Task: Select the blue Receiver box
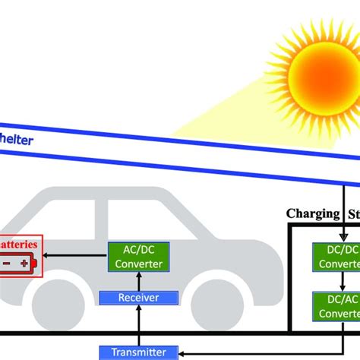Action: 138,298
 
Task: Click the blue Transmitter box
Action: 138,352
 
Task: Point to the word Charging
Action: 311,213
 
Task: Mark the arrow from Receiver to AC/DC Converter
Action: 138,280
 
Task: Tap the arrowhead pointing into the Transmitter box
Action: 182,352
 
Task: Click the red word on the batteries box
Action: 19,245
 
